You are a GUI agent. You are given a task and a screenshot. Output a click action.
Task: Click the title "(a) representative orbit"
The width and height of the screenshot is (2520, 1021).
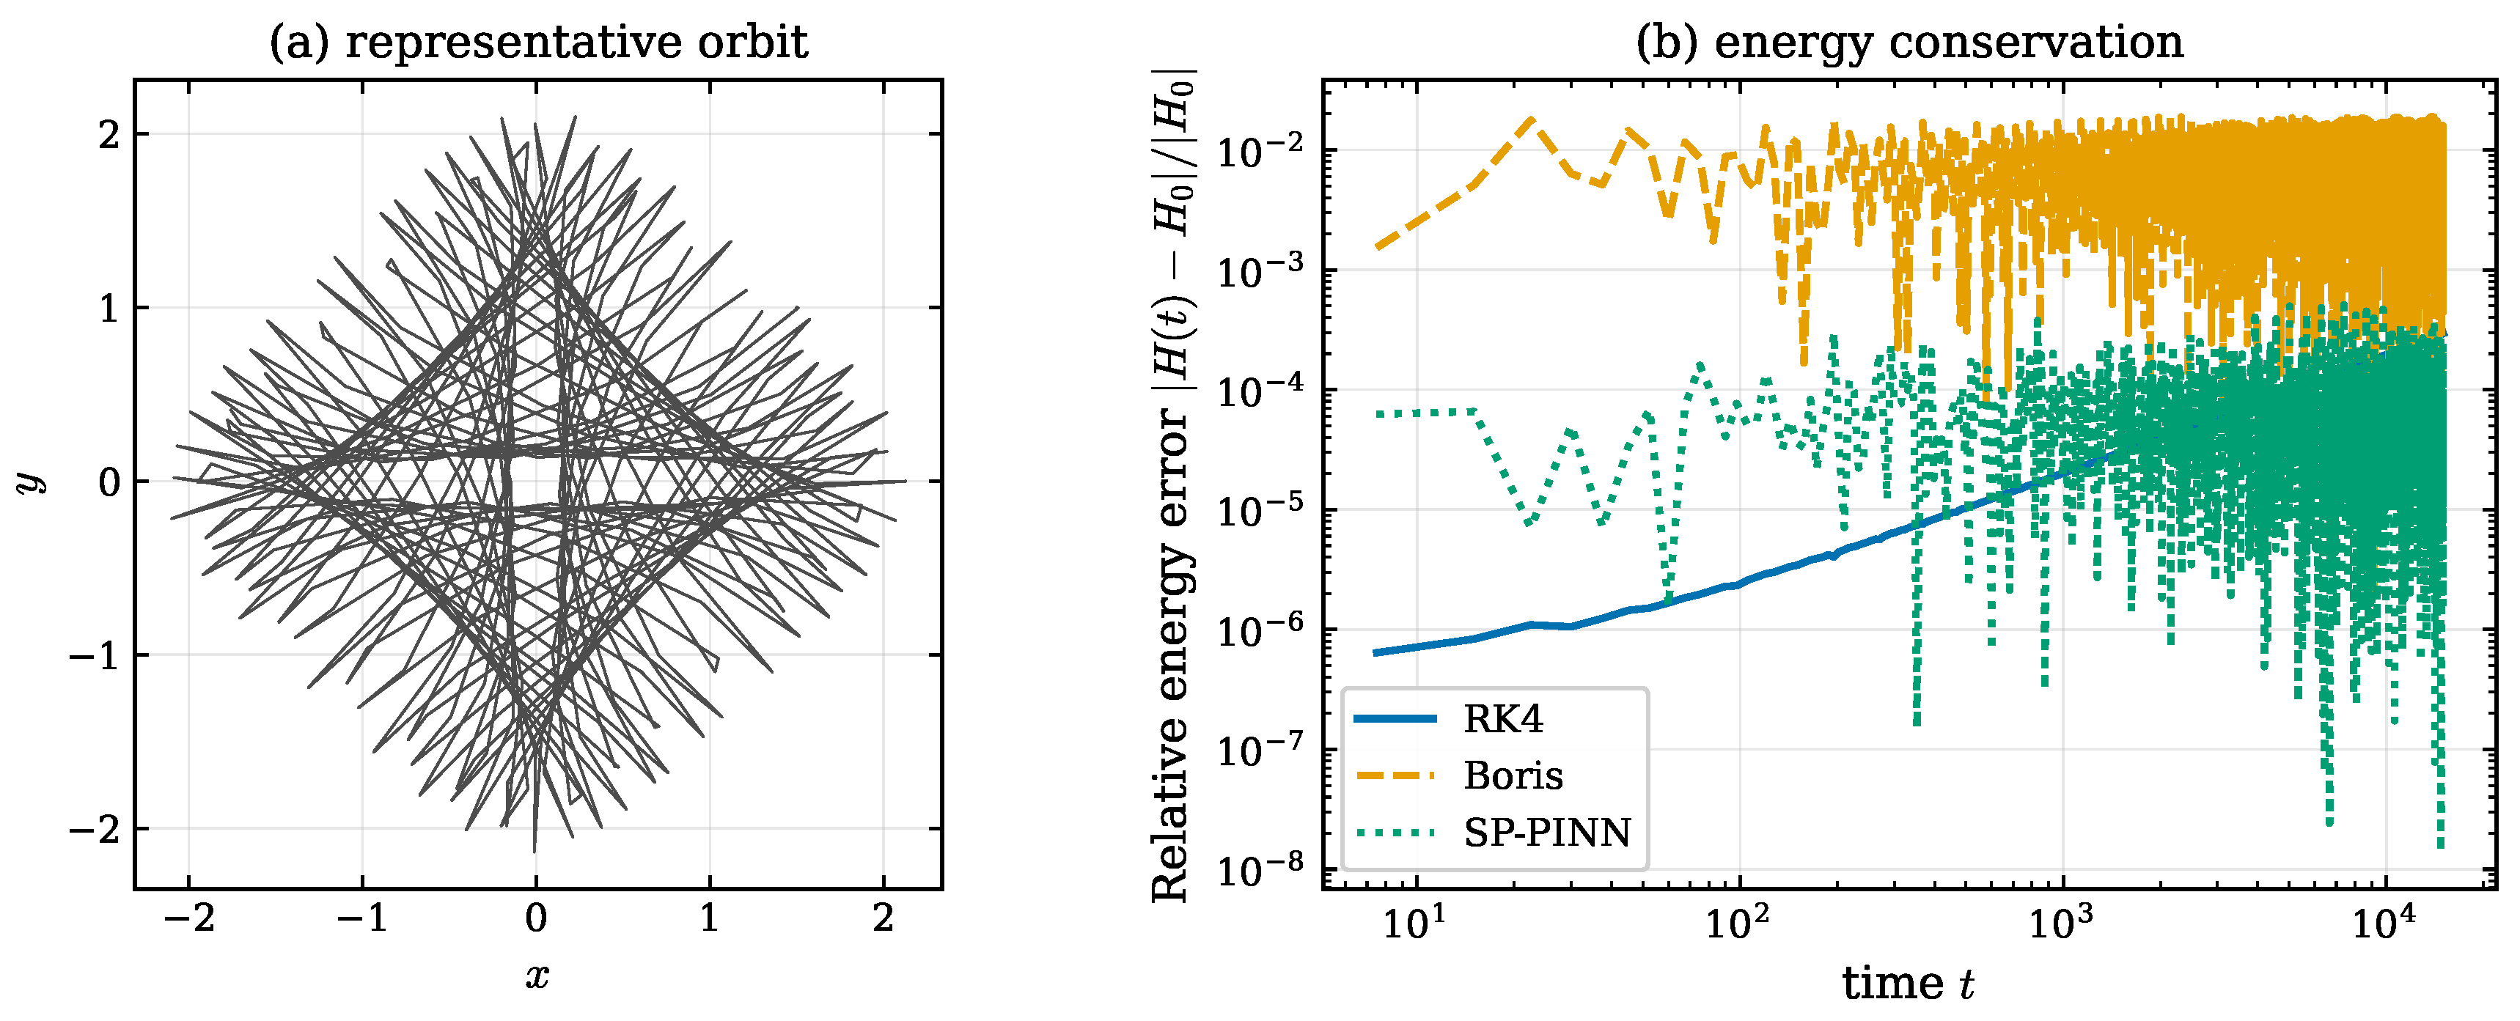tap(538, 42)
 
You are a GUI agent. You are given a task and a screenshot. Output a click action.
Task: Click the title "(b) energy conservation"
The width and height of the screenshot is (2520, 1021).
tap(1909, 42)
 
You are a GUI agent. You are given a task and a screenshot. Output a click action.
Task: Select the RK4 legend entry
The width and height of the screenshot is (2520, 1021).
tap(1449, 719)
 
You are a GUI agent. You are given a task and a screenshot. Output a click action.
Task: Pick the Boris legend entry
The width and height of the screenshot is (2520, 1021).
tap(1458, 775)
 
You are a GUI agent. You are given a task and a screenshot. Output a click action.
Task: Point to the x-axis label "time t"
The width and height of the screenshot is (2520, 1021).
tap(1908, 984)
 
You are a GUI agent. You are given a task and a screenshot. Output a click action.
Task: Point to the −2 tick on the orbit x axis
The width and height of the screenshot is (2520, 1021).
tap(189, 918)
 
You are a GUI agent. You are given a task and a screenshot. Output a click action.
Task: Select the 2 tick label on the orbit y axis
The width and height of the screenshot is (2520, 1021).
tap(109, 135)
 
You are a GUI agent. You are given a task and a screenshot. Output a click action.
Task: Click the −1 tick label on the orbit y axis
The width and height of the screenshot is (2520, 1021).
tap(93, 655)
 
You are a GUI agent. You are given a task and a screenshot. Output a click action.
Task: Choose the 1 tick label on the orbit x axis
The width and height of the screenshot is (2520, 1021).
tap(709, 918)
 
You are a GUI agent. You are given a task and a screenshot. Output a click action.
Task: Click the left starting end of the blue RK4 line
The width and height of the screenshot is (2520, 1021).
tap(1375, 652)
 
